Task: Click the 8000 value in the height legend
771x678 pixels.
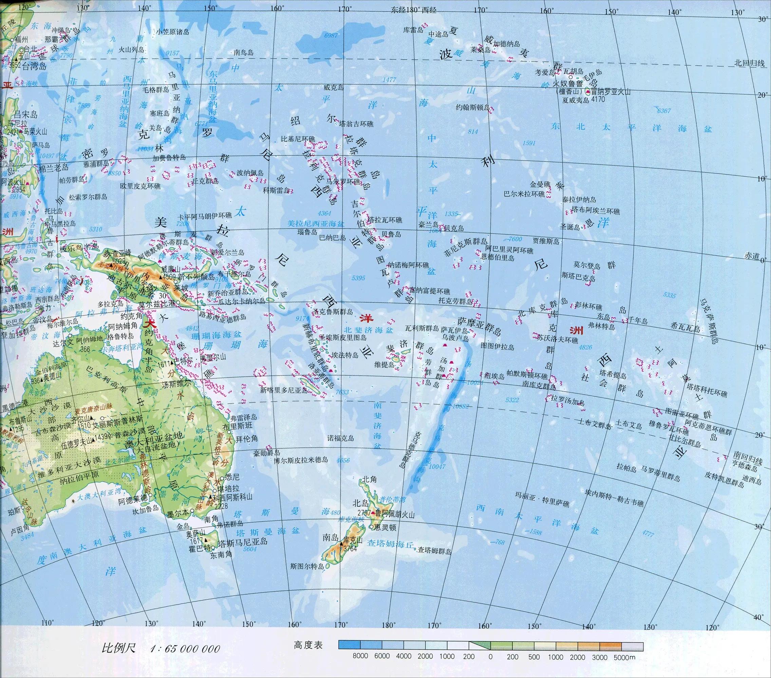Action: [x=360, y=656]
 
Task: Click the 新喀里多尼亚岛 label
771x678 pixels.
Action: [x=284, y=391]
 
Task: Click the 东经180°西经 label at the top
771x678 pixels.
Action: [x=413, y=10]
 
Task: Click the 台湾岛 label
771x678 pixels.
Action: [x=34, y=66]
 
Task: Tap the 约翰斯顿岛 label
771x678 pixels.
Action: [x=473, y=107]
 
